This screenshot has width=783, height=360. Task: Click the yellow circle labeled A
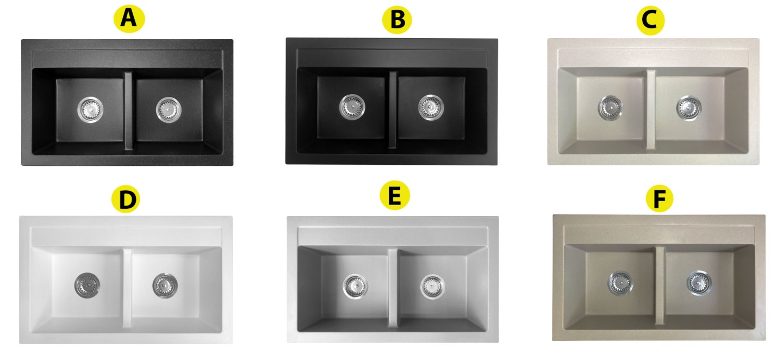[x=129, y=19]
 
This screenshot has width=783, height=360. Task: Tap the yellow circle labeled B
[x=397, y=19]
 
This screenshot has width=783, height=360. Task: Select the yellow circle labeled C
[x=650, y=20]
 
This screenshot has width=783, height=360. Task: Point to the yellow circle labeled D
[x=126, y=199]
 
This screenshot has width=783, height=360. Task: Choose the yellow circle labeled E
[x=395, y=195]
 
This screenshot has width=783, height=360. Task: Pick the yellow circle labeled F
[x=659, y=198]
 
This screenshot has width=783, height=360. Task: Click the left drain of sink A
[x=90, y=109]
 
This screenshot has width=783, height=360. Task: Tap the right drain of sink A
[x=169, y=110]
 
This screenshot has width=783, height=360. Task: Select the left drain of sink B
[x=352, y=107]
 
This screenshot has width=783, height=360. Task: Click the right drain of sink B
[x=431, y=107]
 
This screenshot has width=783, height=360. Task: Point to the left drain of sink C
[x=610, y=107]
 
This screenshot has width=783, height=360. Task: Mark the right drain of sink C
[x=688, y=108]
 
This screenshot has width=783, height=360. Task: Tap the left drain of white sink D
[x=87, y=285]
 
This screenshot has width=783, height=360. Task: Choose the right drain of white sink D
[x=165, y=285]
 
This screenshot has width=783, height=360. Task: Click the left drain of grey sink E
[x=355, y=286]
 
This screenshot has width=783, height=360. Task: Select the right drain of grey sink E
[x=432, y=287]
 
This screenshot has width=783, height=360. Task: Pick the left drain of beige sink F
[x=620, y=282]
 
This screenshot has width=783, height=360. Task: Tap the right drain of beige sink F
[x=699, y=283]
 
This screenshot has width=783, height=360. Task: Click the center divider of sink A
[x=128, y=111]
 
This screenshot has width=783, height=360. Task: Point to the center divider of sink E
[x=393, y=288]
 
